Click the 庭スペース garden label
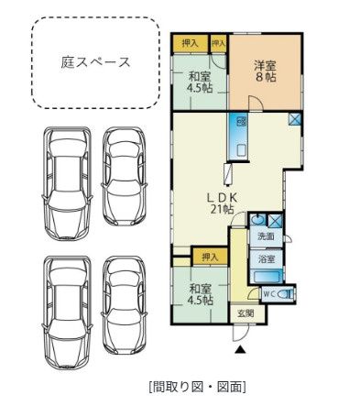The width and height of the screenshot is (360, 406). [95, 62]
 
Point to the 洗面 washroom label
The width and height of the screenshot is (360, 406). [266, 237]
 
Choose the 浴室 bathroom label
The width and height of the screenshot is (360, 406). [266, 259]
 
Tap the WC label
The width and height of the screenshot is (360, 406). [269, 293]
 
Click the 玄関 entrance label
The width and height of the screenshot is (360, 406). [246, 314]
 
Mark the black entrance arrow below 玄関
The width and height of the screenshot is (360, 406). [240, 347]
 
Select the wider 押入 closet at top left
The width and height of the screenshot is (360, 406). [189, 42]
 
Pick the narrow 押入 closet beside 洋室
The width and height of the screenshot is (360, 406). [218, 42]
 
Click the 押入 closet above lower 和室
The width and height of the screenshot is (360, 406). [210, 258]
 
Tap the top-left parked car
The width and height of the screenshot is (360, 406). [66, 181]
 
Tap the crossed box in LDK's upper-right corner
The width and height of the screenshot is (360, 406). [294, 119]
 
